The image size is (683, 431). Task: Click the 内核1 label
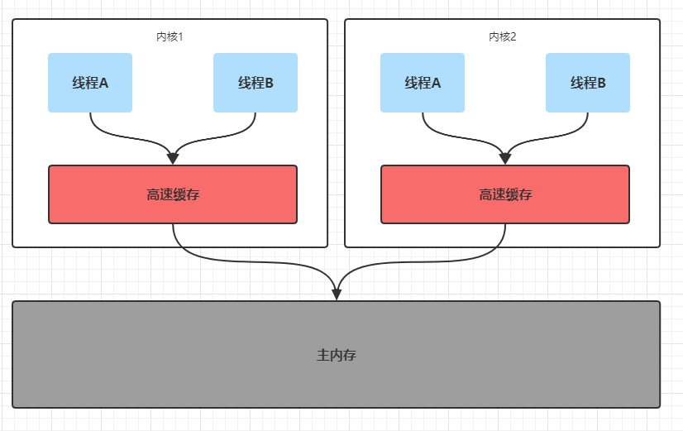tap(170, 36)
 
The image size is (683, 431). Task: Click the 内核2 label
tap(502, 36)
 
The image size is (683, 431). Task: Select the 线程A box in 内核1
tap(90, 83)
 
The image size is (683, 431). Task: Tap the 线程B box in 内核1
tap(256, 83)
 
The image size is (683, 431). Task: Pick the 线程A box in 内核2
tap(423, 83)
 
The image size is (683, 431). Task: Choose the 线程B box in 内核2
tap(588, 83)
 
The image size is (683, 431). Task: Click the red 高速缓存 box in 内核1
tap(173, 194)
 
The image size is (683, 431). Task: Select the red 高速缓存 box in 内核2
tap(505, 194)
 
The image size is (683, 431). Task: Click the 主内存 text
tap(337, 355)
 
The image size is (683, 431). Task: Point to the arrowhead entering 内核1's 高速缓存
tap(173, 159)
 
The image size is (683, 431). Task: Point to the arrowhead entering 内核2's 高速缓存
tap(505, 159)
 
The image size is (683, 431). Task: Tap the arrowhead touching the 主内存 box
tap(337, 295)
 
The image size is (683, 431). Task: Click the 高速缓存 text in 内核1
tap(173, 194)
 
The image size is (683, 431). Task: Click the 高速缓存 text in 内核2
tap(505, 194)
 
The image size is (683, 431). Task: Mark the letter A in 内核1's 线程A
tap(103, 83)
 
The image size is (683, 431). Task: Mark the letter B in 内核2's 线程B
tap(601, 83)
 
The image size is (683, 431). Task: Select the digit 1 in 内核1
tap(181, 37)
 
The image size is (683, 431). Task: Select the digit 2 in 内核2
tap(513, 37)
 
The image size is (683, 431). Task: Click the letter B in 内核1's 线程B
tap(269, 83)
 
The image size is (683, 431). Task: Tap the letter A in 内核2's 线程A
tap(435, 83)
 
